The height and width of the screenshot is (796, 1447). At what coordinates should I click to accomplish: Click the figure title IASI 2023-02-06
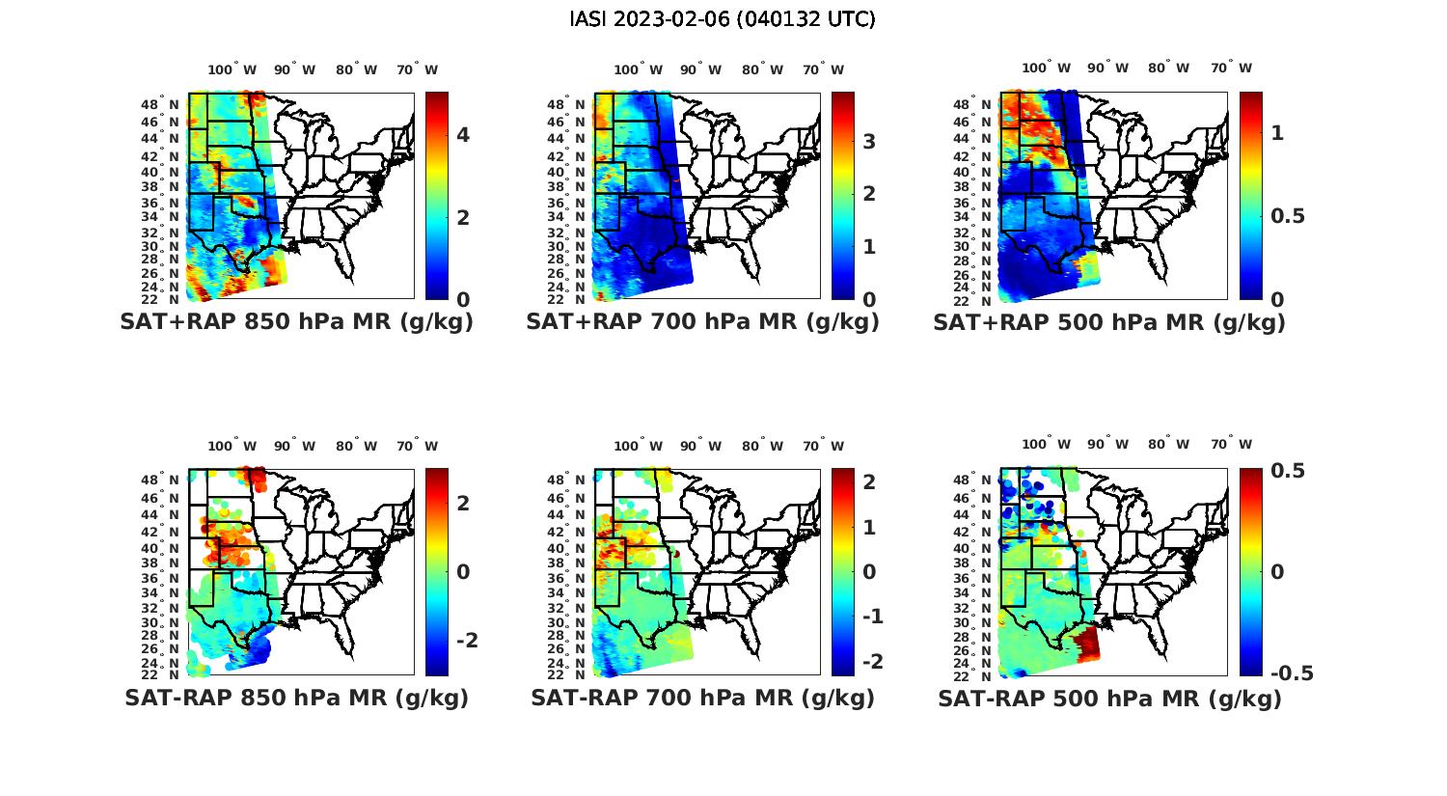[723, 19]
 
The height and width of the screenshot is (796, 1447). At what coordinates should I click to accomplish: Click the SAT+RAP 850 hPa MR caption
[296, 322]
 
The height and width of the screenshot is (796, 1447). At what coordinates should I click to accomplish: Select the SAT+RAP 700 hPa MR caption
[702, 322]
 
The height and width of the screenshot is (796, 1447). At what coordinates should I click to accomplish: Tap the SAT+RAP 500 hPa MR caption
[1109, 322]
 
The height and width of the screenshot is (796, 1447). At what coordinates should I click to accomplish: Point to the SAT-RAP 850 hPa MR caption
[296, 698]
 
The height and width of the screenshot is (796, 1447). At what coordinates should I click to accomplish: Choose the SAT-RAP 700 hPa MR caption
[702, 698]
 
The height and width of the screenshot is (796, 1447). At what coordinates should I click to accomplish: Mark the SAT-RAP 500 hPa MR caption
[1109, 699]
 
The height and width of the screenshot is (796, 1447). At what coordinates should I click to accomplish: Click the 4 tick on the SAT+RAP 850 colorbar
[463, 135]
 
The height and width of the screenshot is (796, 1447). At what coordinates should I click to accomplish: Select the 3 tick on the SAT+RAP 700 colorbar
[869, 142]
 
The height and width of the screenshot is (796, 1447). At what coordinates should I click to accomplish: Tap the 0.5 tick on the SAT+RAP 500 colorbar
[1288, 215]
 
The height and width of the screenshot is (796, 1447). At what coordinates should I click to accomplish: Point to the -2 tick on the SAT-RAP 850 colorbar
[467, 641]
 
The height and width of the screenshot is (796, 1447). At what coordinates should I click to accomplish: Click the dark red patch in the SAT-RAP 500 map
[1085, 642]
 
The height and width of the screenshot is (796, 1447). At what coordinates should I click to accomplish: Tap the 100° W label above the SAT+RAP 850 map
[232, 69]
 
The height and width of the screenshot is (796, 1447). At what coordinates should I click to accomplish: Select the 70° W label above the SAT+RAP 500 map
[1232, 68]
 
